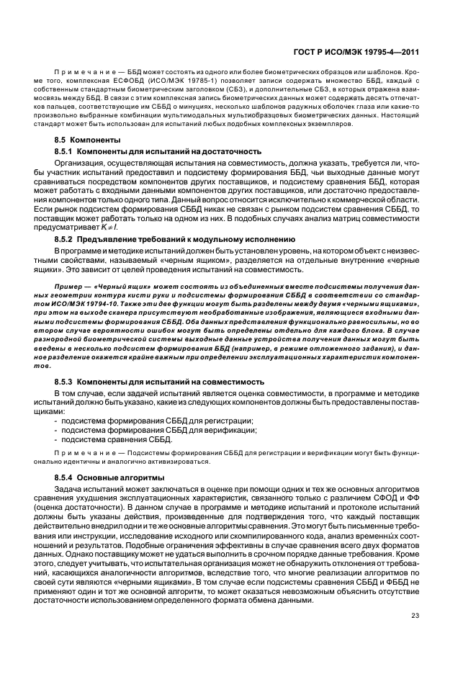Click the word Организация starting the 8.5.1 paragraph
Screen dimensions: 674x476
coord(78,163)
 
